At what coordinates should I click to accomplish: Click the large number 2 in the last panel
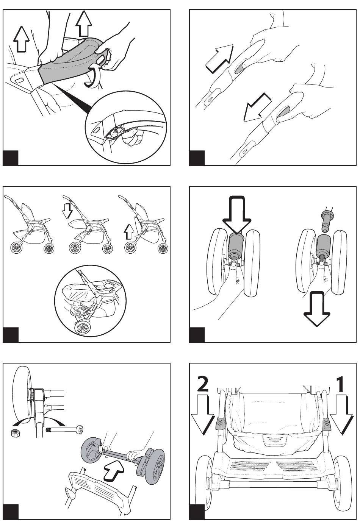pos(203,385)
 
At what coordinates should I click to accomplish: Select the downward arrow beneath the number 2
pos(203,415)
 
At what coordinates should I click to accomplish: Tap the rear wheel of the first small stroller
pos(17,248)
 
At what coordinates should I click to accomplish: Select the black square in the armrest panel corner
pos(11,158)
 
